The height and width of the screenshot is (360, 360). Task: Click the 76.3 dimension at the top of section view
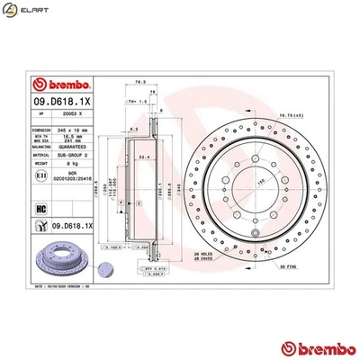[x=139, y=81]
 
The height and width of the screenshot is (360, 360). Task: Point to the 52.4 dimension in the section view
[x=142, y=155]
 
